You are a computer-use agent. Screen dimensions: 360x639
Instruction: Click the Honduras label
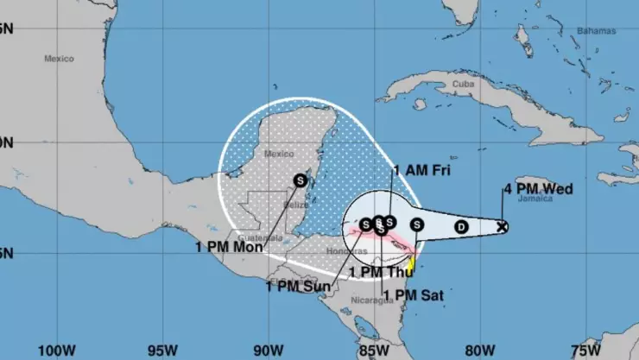pos(340,251)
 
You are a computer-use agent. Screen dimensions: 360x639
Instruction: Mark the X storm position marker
pos(503,227)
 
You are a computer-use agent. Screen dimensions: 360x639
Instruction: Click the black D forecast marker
pos(461,227)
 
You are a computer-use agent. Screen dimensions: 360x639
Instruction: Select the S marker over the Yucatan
pos(300,180)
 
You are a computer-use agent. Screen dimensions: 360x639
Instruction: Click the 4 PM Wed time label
pos(537,188)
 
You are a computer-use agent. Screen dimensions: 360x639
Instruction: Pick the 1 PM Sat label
pos(413,294)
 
